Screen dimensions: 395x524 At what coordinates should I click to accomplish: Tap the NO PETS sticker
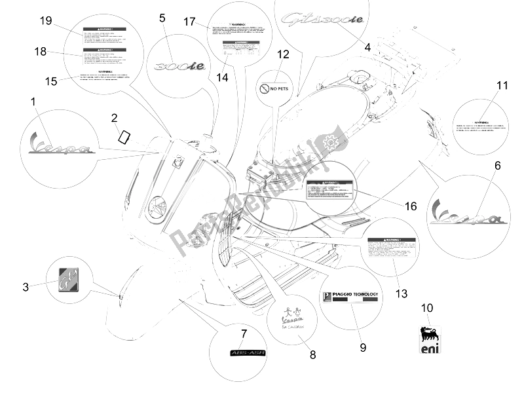[x=275, y=87]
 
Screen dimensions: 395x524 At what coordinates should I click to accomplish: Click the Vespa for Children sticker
[x=291, y=316]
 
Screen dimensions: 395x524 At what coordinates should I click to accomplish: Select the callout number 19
[x=45, y=21]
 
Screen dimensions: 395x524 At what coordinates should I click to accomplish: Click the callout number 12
[x=282, y=54]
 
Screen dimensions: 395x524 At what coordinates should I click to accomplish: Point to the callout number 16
[x=411, y=206]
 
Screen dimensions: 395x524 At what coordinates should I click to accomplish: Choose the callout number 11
[x=502, y=86]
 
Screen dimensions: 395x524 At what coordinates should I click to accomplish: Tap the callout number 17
[x=189, y=22]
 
